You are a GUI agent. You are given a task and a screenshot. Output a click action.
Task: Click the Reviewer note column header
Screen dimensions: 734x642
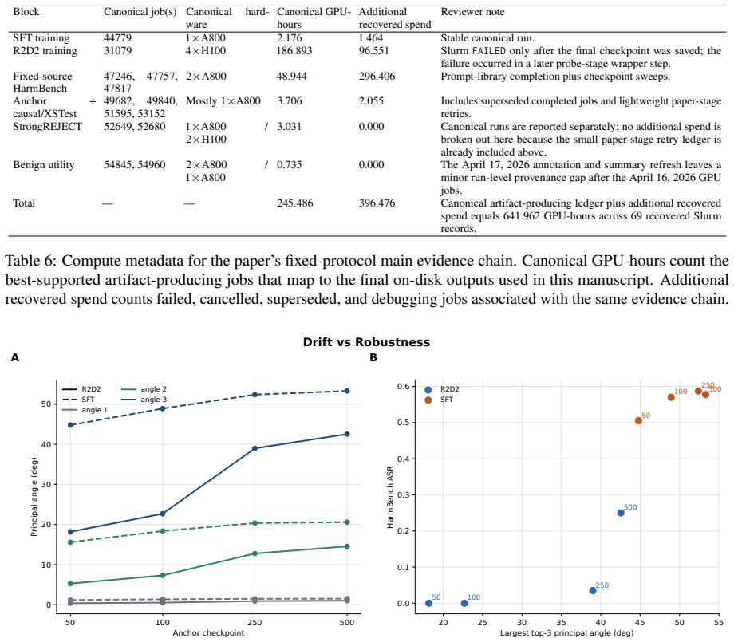click(x=472, y=12)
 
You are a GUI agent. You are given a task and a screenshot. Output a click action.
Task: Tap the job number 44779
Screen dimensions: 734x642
click(x=117, y=38)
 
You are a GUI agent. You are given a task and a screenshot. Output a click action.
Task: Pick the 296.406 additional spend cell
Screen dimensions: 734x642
click(x=377, y=76)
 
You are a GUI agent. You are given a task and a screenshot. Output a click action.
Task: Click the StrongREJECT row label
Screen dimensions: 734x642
click(x=47, y=126)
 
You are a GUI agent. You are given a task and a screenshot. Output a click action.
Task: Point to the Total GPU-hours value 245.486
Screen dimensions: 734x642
click(x=294, y=203)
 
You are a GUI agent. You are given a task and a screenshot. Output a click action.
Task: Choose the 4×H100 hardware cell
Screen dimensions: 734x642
click(x=206, y=50)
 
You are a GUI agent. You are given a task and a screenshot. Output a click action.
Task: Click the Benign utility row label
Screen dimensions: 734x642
click(x=44, y=165)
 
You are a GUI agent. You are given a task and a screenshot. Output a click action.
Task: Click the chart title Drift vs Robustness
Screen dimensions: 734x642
click(x=366, y=342)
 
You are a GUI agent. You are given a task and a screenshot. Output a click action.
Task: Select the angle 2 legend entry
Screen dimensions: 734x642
click(x=144, y=389)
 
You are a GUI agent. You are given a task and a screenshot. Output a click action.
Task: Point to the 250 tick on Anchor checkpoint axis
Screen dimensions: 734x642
click(x=255, y=622)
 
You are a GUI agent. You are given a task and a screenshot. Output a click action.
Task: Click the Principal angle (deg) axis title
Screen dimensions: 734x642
click(x=34, y=497)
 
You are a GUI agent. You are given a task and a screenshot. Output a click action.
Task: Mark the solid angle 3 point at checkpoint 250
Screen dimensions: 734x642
click(x=255, y=448)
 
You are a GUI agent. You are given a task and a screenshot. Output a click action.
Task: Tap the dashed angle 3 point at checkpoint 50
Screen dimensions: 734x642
click(x=71, y=425)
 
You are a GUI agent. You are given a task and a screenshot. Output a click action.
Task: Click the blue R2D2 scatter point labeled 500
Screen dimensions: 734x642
click(x=621, y=513)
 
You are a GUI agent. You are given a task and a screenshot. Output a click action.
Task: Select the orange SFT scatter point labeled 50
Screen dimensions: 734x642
click(x=638, y=420)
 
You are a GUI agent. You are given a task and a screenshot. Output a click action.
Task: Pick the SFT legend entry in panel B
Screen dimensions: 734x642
click(x=439, y=400)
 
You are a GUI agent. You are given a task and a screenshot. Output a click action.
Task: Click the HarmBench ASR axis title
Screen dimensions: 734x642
click(x=390, y=497)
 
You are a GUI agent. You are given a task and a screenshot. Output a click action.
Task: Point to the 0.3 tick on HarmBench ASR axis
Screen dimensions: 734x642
click(x=403, y=494)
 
